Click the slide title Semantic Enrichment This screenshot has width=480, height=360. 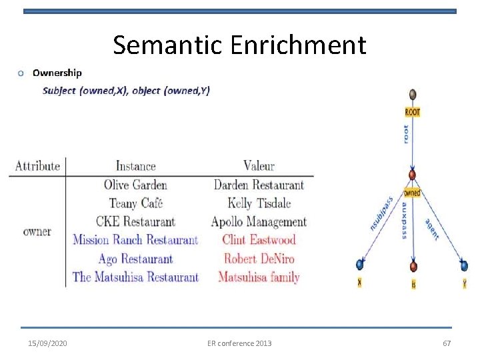click(x=239, y=45)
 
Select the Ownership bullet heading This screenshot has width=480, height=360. click(x=57, y=73)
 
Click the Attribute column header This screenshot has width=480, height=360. click(x=37, y=166)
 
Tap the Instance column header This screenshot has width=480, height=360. click(x=135, y=166)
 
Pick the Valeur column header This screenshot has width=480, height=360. click(x=259, y=166)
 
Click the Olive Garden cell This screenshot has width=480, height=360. click(x=135, y=185)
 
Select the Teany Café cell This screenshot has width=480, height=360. click(x=135, y=203)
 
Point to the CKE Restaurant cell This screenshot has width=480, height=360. click(x=135, y=222)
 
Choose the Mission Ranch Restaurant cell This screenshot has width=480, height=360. click(x=135, y=240)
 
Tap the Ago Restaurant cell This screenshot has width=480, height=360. click(x=135, y=259)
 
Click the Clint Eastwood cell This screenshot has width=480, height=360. click(x=259, y=240)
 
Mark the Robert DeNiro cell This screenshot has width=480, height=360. click(x=259, y=259)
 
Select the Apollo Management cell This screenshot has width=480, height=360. click(x=259, y=222)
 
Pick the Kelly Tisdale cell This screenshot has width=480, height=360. click(x=259, y=203)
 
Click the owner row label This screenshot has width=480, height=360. click(x=37, y=231)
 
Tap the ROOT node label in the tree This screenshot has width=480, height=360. click(x=413, y=112)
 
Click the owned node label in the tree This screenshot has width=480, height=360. click(x=412, y=193)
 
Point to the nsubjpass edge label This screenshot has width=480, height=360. click(x=381, y=214)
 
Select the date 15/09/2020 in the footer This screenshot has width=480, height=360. click(x=47, y=343)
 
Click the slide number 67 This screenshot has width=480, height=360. click(x=447, y=343)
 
